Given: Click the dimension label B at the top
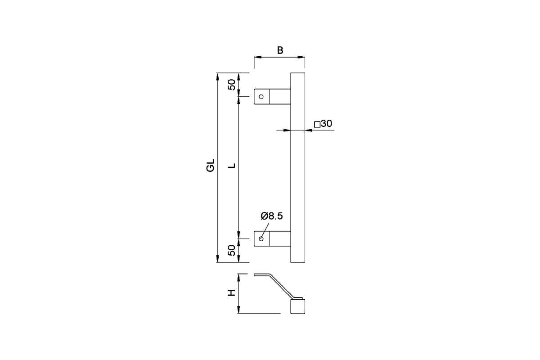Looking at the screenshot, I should [279, 50].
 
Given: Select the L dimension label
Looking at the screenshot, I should [232, 166].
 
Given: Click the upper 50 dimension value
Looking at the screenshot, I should [231, 85].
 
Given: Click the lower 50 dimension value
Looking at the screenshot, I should [231, 250].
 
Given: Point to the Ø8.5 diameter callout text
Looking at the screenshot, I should [272, 216].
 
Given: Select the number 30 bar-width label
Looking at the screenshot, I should [327, 124].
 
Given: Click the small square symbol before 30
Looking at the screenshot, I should [317, 124].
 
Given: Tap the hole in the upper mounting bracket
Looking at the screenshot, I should [261, 96].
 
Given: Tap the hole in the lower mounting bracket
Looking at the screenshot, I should [261, 238].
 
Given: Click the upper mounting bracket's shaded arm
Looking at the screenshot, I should [280, 96].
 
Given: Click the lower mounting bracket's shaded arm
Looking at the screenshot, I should [280, 238].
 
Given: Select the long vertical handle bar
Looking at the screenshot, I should [297, 166].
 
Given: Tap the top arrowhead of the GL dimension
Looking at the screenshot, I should [217, 75].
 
